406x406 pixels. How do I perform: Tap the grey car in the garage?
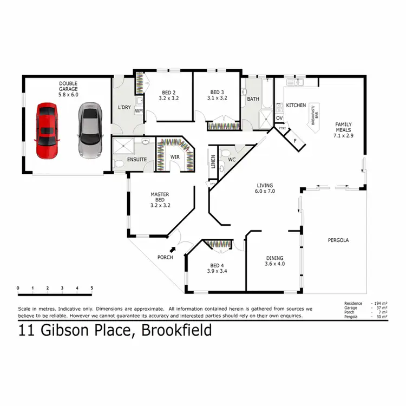click(89, 130)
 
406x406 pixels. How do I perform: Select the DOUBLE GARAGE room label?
click(68, 89)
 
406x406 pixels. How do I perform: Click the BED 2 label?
click(169, 95)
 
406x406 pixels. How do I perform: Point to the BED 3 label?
click(217, 95)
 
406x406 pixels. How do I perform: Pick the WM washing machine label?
click(139, 111)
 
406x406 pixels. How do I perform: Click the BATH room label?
click(253, 100)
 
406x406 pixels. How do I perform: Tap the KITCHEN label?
click(296, 105)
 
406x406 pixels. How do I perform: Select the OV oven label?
click(280, 118)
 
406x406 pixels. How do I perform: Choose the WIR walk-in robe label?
click(175, 157)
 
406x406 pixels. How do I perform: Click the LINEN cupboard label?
click(213, 161)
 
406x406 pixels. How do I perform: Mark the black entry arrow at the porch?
click(173, 249)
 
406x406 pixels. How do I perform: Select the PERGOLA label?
click(338, 240)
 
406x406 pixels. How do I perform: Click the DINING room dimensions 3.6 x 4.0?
click(274, 264)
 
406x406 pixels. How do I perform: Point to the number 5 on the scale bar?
click(92, 288)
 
